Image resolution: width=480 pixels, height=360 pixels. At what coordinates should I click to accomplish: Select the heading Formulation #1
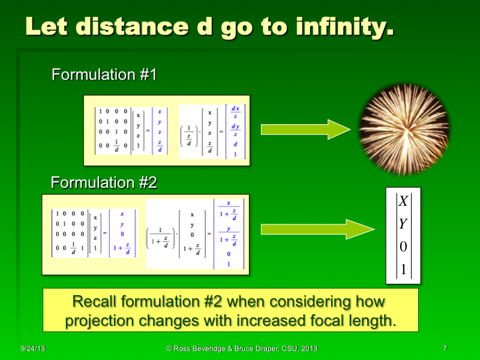click(104, 75)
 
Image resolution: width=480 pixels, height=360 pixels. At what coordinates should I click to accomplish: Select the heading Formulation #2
click(104, 182)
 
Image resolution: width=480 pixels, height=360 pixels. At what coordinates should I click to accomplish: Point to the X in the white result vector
click(403, 202)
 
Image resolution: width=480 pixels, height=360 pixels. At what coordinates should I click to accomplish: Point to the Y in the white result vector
click(403, 224)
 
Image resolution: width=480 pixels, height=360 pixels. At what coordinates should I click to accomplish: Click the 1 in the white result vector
click(403, 270)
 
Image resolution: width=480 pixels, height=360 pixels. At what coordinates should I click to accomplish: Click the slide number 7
click(444, 349)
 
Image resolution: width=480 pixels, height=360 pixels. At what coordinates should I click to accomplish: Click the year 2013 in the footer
click(308, 349)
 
